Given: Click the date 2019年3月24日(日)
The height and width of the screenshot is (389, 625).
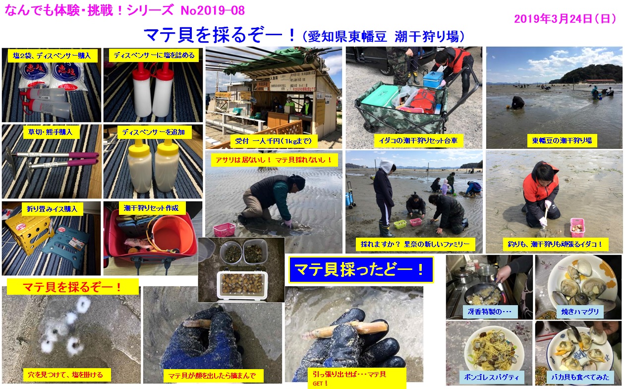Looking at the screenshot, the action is point(565,19).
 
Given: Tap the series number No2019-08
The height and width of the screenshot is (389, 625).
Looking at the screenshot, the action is point(213,10).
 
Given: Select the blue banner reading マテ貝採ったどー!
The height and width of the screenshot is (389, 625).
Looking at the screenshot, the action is point(361,269).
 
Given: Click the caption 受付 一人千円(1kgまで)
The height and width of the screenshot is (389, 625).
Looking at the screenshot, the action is point(274,141).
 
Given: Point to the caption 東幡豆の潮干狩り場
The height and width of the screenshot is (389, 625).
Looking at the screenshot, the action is point(562,140).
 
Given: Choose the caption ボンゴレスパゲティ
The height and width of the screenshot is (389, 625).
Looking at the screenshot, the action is point(491,377).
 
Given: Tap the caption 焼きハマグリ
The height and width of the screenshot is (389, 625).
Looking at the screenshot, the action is point(580,312).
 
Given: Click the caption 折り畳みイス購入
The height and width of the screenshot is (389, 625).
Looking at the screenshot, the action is point(52,209).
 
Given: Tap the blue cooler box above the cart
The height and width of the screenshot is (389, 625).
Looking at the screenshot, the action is point(433,79).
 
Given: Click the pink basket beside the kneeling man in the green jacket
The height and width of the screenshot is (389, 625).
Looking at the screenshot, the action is point(224,230).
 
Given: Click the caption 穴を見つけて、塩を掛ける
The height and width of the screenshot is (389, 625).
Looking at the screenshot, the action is point(65,375).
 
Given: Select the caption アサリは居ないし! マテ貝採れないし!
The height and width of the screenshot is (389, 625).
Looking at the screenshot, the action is point(274,160).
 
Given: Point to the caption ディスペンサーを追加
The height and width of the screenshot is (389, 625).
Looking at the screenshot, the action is point(154,132).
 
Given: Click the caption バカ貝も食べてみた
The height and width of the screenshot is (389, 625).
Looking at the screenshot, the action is point(580,377).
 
